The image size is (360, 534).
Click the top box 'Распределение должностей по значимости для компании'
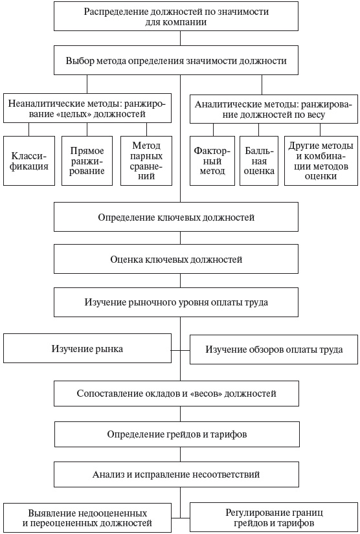(x=176, y=17)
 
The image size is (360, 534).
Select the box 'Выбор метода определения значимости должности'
(x=176, y=61)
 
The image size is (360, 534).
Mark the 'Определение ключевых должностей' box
(x=176, y=217)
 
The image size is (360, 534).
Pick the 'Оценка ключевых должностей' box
(x=176, y=260)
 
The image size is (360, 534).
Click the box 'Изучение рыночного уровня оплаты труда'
(x=176, y=302)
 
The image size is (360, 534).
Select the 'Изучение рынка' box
(x=87, y=349)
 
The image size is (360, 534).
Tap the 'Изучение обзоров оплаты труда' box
(x=274, y=350)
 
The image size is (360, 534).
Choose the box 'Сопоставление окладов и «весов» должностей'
(x=176, y=393)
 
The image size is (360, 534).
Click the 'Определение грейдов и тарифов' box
(x=176, y=434)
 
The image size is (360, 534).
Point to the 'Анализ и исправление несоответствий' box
(x=176, y=474)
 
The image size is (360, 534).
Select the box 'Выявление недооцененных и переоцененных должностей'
(x=87, y=517)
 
